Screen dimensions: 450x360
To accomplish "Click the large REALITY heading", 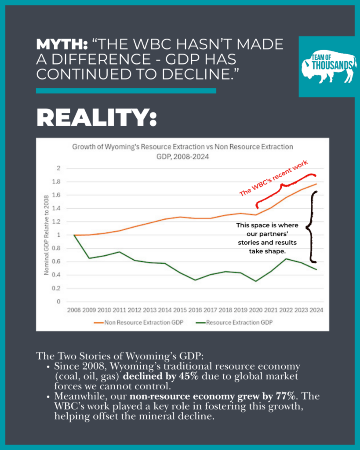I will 96,118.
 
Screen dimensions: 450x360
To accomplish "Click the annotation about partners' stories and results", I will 267,238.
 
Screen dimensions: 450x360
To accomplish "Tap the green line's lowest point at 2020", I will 255,281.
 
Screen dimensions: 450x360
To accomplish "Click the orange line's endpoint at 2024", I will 316,184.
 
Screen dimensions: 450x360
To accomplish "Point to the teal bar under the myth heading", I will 126,91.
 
